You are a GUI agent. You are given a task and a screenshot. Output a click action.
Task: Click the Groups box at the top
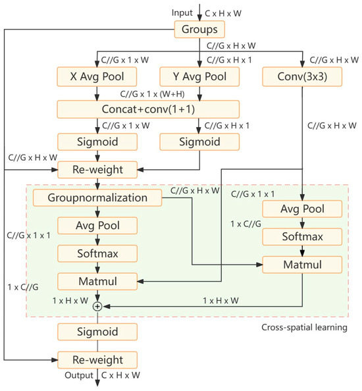(199, 30)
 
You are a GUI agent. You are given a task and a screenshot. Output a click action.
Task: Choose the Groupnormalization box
(97, 197)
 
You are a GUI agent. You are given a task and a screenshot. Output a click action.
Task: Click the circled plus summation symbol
(97, 306)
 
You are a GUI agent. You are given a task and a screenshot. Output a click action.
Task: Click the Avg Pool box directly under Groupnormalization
(97, 226)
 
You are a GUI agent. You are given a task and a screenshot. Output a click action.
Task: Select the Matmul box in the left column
(97, 282)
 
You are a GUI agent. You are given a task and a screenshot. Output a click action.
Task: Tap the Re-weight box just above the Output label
(97, 359)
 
